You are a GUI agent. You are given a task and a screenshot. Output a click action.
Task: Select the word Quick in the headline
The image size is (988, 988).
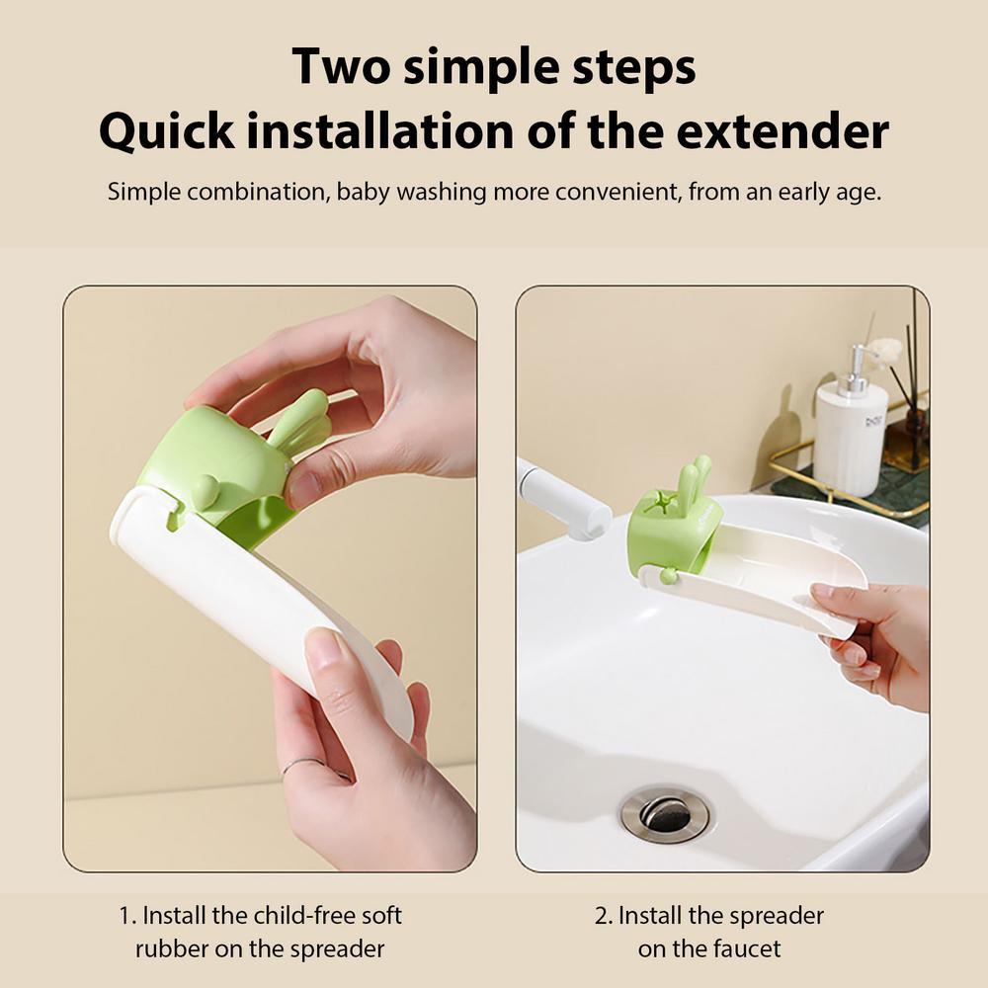(166, 132)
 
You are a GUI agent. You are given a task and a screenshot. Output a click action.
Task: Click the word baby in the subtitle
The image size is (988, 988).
(364, 191)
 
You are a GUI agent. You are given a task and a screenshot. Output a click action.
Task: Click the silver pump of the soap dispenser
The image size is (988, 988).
(861, 366)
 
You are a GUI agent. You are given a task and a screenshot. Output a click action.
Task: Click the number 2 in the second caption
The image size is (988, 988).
(601, 916)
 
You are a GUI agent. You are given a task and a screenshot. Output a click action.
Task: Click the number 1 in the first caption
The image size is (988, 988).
(123, 916)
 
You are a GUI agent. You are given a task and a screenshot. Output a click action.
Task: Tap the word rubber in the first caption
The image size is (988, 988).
(171, 947)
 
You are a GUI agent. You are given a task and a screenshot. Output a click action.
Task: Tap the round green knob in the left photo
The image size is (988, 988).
(204, 491)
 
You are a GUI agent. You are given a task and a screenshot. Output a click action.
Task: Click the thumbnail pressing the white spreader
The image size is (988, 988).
(323, 652)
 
